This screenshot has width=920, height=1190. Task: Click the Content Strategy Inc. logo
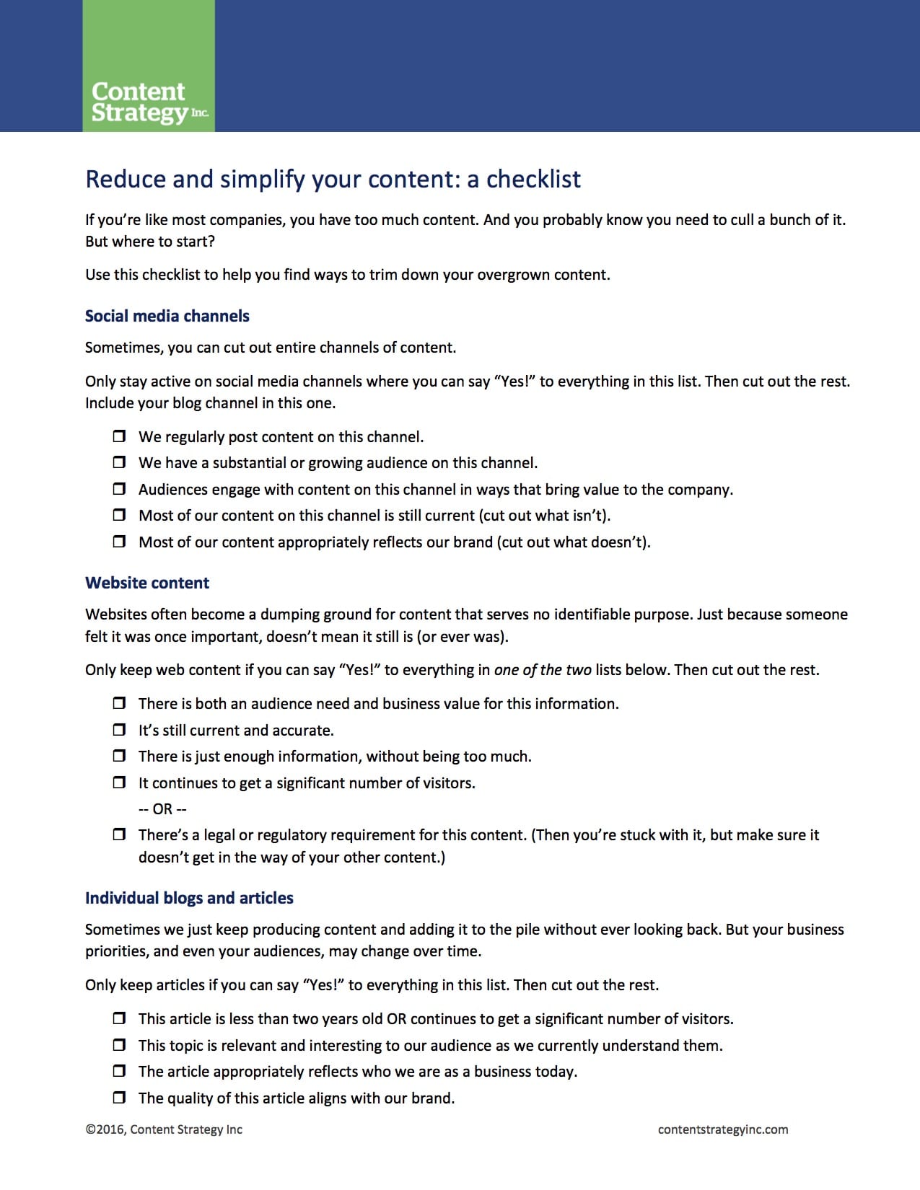pyautogui.click(x=149, y=102)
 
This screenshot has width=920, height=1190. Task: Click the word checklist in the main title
pyautogui.click(x=533, y=179)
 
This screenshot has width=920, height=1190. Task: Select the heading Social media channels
pyautogui.click(x=167, y=316)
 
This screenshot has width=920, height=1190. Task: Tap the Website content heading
pyautogui.click(x=147, y=583)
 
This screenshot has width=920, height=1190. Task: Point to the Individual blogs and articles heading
pyautogui.click(x=189, y=898)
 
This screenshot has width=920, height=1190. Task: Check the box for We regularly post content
pyautogui.click(x=119, y=436)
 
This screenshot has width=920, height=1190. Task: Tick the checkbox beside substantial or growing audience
pyautogui.click(x=119, y=462)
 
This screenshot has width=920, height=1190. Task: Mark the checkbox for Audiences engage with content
pyautogui.click(x=119, y=489)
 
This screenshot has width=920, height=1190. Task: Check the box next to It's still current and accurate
pyautogui.click(x=119, y=730)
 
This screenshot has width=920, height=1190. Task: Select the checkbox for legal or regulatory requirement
pyautogui.click(x=119, y=834)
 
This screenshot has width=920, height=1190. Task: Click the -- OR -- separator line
pyautogui.click(x=162, y=809)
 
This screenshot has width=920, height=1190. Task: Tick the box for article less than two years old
pyautogui.click(x=119, y=1018)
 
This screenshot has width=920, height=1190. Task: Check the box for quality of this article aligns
pyautogui.click(x=119, y=1098)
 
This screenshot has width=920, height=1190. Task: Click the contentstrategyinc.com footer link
pyautogui.click(x=723, y=1129)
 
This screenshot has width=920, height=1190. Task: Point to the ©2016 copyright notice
pyautogui.click(x=164, y=1129)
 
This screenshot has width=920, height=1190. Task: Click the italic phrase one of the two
pyautogui.click(x=543, y=670)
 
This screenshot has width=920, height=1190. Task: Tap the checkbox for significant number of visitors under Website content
pyautogui.click(x=119, y=783)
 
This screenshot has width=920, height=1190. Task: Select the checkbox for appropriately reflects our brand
pyautogui.click(x=119, y=542)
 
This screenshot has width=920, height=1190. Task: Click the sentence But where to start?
pyautogui.click(x=150, y=242)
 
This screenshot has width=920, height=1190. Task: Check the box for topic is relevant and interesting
pyautogui.click(x=119, y=1045)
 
